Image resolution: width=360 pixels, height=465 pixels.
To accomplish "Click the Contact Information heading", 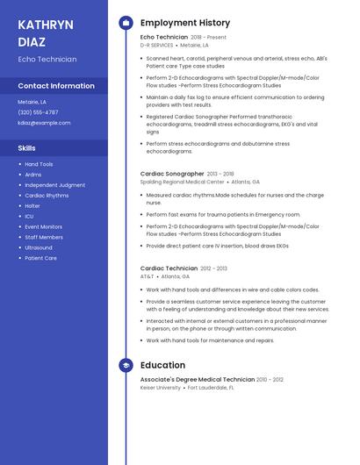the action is click(56, 86).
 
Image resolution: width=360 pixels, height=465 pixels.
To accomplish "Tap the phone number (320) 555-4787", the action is click(38, 112).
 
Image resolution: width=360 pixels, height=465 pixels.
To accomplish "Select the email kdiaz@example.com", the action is click(44, 123).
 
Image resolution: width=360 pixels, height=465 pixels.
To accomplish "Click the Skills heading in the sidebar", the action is click(26, 148).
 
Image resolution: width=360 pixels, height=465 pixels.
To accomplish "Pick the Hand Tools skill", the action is click(39, 164).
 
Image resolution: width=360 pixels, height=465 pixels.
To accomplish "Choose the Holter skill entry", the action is click(32, 206).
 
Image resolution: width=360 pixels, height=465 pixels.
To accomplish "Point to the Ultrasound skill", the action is click(39, 247).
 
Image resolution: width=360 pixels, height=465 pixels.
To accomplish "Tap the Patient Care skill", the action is click(40, 258).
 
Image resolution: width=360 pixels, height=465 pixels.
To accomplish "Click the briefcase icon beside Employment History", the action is click(126, 23).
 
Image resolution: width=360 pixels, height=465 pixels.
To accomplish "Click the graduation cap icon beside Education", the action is click(126, 365).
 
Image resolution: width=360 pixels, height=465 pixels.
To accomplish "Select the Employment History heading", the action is click(184, 23).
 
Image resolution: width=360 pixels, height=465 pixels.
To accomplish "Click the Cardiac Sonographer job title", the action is click(172, 174).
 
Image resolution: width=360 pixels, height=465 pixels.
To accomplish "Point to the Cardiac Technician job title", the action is click(169, 268).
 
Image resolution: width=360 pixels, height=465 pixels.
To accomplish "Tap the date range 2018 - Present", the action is click(208, 38).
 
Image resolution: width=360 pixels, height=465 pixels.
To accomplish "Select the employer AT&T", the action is click(147, 276).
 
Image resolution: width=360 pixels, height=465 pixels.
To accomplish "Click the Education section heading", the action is click(162, 365).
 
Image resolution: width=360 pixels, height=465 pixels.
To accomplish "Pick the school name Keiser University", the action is click(161, 387).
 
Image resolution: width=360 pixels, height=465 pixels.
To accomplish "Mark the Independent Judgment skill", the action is click(54, 185).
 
